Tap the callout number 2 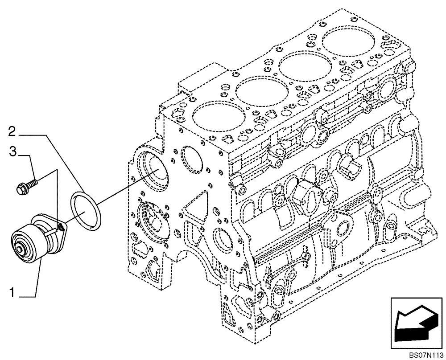click(13, 131)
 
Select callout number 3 click(13, 153)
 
